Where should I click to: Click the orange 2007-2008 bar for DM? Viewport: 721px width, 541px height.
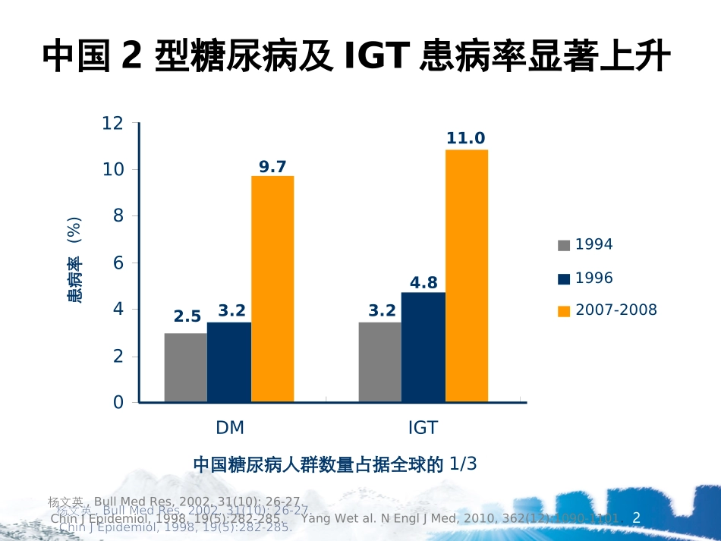click(x=272, y=288)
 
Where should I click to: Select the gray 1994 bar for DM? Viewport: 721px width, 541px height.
click(x=185, y=367)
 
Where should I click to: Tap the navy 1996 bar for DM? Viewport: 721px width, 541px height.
click(x=228, y=362)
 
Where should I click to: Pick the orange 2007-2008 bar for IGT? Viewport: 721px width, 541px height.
click(x=466, y=275)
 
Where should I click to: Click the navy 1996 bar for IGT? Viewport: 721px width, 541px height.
click(x=423, y=347)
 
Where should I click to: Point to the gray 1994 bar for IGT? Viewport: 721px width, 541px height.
click(x=379, y=362)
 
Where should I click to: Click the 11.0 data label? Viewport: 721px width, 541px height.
click(x=465, y=138)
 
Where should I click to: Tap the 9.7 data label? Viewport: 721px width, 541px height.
click(x=272, y=166)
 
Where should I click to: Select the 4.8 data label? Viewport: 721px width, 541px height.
click(x=423, y=282)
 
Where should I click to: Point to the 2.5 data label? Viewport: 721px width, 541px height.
click(x=187, y=316)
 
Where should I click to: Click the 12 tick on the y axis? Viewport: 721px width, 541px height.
click(x=112, y=123)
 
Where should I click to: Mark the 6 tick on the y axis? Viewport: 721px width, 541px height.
click(x=118, y=263)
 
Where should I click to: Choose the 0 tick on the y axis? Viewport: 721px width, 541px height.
click(x=118, y=402)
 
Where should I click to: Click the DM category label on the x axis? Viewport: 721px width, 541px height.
click(x=230, y=427)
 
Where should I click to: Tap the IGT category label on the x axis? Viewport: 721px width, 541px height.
click(x=423, y=427)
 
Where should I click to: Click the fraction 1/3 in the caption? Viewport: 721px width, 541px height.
click(x=463, y=464)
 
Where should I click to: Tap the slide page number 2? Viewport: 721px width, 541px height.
click(x=637, y=518)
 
